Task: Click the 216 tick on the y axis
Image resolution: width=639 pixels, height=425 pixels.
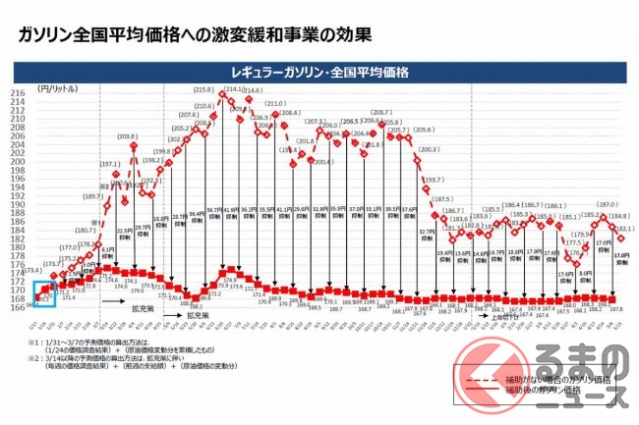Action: [x=18, y=94]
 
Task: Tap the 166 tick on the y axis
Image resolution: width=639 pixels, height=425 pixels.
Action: [x=18, y=307]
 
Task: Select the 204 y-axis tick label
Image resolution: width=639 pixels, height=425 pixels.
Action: [x=18, y=144]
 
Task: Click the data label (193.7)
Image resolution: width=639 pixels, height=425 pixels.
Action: [x=434, y=181]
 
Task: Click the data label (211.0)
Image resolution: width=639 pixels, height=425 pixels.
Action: [x=274, y=103]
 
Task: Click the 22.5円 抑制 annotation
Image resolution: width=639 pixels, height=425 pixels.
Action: [x=125, y=234]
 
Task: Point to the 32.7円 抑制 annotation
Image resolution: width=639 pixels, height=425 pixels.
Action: [x=427, y=235]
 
